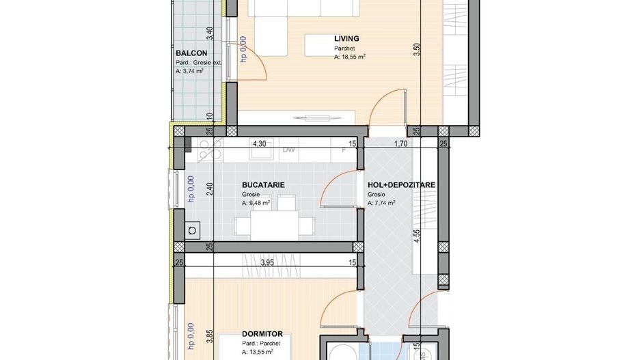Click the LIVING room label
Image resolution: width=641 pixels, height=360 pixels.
(x=346, y=39)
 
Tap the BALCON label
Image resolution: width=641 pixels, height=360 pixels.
(x=191, y=53)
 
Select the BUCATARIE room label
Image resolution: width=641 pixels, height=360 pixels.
(x=263, y=185)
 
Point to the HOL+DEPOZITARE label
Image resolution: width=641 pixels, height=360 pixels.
(x=401, y=185)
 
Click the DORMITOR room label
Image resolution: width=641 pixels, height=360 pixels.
(x=263, y=335)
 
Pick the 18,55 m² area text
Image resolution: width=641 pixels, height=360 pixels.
(x=349, y=59)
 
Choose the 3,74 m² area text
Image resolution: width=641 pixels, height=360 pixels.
(x=189, y=70)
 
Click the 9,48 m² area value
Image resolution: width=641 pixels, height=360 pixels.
(x=256, y=203)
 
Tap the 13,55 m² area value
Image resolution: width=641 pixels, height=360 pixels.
(x=258, y=352)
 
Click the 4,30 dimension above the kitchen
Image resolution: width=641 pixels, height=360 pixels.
(x=259, y=144)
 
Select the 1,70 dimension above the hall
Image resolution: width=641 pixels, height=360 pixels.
(x=401, y=144)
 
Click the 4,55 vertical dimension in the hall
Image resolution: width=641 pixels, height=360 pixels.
(x=417, y=237)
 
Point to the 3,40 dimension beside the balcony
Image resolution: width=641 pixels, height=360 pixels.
(x=210, y=33)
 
